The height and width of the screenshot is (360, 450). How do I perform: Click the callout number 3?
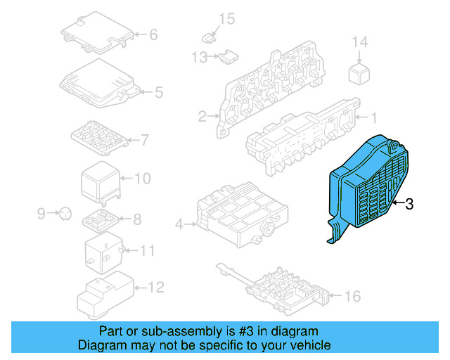[409, 204]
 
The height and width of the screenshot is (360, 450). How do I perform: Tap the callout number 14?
[359, 42]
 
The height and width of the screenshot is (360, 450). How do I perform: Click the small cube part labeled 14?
[359, 72]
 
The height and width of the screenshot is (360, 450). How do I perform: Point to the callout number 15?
[226, 18]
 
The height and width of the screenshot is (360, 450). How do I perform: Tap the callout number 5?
[158, 91]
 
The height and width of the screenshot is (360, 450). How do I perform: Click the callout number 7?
[145, 140]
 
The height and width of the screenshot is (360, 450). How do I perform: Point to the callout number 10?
[142, 179]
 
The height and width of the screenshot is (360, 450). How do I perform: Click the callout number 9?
[41, 212]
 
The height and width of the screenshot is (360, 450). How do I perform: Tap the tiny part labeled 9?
[64, 211]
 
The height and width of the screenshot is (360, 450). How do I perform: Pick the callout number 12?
[155, 287]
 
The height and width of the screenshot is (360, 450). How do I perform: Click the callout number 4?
[179, 224]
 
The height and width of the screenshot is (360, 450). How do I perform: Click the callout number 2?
[202, 117]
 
